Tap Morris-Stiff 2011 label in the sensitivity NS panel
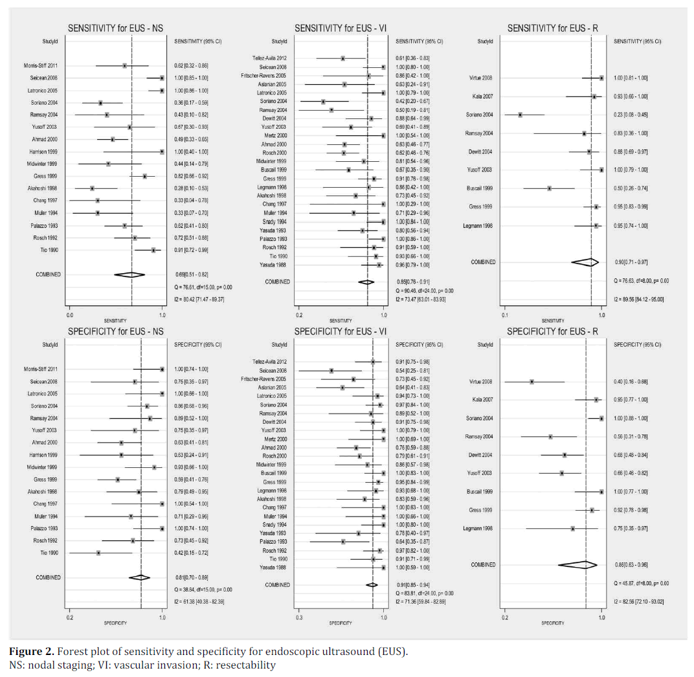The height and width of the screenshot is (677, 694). pos(41,65)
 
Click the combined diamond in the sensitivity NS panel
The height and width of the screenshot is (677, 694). pos(129,274)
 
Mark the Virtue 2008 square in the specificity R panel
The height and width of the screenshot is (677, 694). pos(532,382)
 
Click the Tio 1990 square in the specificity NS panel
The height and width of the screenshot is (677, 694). pos(98,553)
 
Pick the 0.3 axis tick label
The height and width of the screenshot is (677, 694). pos(298,617)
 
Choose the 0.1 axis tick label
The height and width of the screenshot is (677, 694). pos(504,315)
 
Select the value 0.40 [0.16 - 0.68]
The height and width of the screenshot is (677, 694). pos(631,382)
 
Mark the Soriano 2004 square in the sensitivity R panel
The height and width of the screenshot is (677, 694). pos(520,115)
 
